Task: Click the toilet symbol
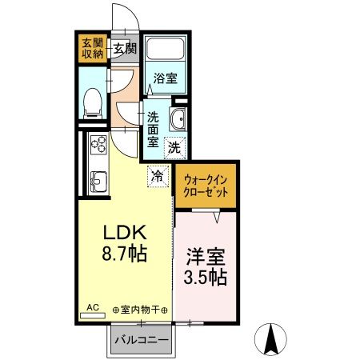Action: click(x=92, y=98)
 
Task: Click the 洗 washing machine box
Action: click(x=174, y=146)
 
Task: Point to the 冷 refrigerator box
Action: click(x=158, y=175)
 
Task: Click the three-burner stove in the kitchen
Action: click(x=100, y=147)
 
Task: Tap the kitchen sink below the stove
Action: click(x=99, y=181)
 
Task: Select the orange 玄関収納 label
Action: click(x=91, y=48)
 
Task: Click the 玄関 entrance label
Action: click(x=124, y=49)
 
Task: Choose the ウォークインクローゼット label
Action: click(x=206, y=186)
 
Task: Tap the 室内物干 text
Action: click(x=141, y=309)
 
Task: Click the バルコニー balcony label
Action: click(x=141, y=340)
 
